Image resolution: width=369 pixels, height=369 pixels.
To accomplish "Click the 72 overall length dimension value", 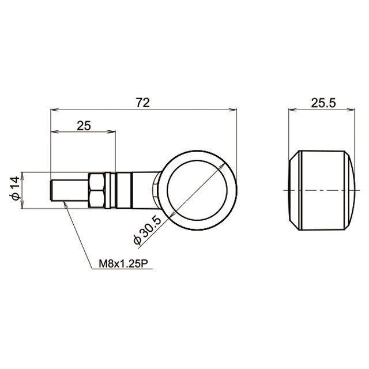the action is [143, 103].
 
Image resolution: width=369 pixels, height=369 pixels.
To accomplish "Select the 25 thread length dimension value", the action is [84, 126].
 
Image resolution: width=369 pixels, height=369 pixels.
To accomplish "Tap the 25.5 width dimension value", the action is [323, 103].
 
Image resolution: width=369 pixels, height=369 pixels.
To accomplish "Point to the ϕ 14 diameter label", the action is [16, 189].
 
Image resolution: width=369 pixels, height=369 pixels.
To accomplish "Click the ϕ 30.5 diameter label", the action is [148, 230].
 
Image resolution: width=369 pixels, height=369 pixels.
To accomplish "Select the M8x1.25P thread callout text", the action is [123, 264].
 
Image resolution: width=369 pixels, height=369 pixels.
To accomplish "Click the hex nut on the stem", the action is [97, 190].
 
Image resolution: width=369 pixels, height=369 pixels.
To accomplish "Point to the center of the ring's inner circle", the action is [197, 190].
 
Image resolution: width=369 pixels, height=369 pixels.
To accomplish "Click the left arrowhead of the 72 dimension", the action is [54, 110].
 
